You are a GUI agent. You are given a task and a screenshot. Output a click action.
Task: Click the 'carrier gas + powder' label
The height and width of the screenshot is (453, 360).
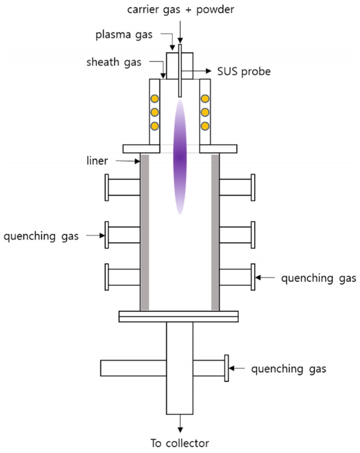(180, 9)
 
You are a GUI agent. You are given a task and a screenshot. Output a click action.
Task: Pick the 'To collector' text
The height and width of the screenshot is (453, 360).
(180, 443)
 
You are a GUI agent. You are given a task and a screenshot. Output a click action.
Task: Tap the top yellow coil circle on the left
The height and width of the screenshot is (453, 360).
(154, 99)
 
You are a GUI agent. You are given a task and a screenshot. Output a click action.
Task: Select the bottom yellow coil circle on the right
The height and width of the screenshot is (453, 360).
(205, 125)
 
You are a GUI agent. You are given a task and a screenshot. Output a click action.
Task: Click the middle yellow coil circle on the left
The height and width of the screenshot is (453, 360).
(154, 112)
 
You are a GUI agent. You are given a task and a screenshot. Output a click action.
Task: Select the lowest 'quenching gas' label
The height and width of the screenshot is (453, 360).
(289, 369)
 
